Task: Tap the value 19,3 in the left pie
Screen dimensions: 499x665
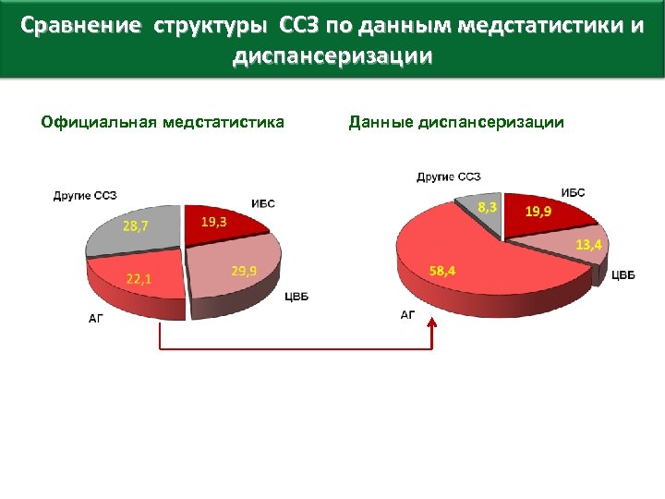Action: click(x=215, y=222)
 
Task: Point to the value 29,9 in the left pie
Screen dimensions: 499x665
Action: click(x=244, y=270)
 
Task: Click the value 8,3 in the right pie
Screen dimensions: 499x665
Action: click(x=488, y=208)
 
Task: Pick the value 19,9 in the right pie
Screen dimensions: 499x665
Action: click(x=539, y=212)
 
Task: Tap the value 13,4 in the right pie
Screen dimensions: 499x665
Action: click(x=588, y=245)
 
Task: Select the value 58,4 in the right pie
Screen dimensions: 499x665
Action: click(x=441, y=271)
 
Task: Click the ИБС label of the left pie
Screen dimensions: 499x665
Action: click(x=263, y=203)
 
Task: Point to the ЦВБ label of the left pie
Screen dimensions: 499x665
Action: click(x=296, y=297)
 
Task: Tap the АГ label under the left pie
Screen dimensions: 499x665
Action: click(x=97, y=319)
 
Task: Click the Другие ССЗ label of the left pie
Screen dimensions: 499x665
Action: click(x=85, y=195)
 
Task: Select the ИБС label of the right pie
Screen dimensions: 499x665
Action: click(x=573, y=192)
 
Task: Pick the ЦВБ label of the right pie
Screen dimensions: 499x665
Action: click(x=623, y=274)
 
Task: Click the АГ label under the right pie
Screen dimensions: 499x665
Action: click(x=408, y=315)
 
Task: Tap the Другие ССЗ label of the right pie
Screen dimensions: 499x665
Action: click(x=448, y=176)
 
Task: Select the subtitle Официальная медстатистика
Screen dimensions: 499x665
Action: click(x=163, y=122)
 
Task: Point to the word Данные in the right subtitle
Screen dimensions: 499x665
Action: click(x=380, y=122)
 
